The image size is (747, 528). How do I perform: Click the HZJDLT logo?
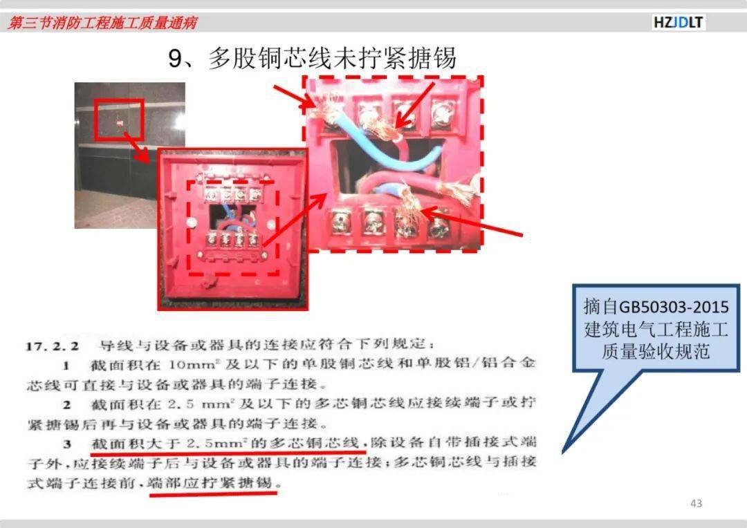pos(679,22)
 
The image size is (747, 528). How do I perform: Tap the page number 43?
pos(696,503)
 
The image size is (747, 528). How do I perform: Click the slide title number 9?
pos(175,59)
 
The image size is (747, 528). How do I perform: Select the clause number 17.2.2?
pos(52,346)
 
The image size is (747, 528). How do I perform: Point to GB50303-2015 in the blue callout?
pos(674,307)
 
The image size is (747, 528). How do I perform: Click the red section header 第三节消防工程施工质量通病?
pos(102,22)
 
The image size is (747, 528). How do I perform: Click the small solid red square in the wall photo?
pos(120,123)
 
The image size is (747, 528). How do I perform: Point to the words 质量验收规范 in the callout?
pos(656,351)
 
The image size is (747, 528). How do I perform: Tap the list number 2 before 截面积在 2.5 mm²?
pos(67,406)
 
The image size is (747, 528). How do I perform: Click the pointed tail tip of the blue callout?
pos(563,452)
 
